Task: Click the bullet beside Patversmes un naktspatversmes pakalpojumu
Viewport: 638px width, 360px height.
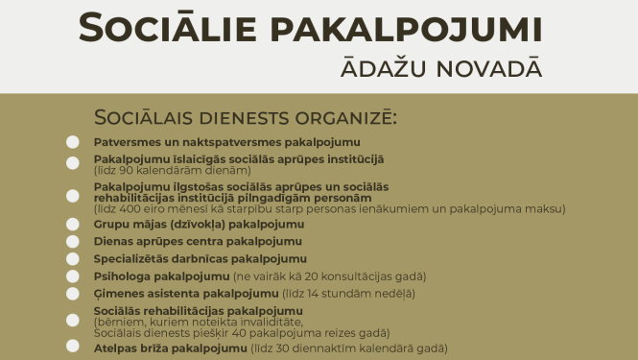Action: [x=73, y=142]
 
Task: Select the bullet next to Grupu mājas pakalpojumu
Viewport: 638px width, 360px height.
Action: [x=73, y=225]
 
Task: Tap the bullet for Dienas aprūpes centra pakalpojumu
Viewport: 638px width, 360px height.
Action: [x=73, y=242]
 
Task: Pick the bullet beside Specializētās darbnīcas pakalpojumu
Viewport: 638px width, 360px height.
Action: [x=73, y=259]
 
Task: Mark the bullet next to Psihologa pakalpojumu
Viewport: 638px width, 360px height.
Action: [x=73, y=276]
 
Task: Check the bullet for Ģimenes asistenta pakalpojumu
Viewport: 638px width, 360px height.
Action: [x=73, y=293]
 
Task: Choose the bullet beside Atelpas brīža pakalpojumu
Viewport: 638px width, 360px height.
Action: [x=73, y=347]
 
